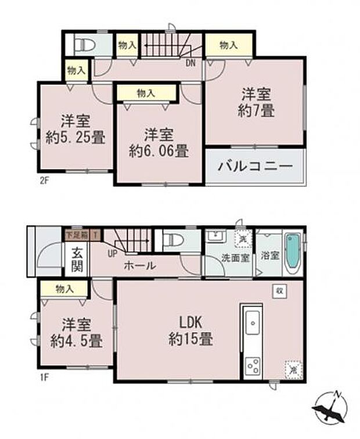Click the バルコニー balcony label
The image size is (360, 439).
tap(255, 166)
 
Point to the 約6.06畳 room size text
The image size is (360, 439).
tap(159, 152)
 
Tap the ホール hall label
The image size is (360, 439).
tap(139, 265)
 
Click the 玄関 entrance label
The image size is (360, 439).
tap(77, 259)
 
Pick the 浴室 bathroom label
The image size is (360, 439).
tap(269, 256)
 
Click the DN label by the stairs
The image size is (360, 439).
tap(190, 63)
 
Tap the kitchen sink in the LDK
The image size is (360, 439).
tap(253, 322)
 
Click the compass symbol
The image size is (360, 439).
tap(329, 410)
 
